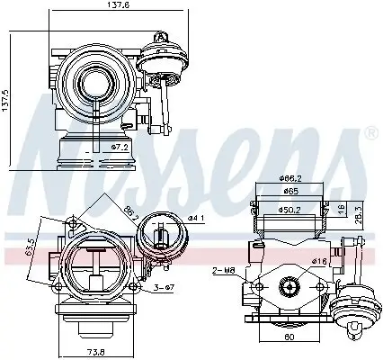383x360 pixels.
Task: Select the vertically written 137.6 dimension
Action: coord(6,98)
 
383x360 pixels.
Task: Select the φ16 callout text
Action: coord(319,261)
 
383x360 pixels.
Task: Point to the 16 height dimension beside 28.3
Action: coord(342,208)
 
